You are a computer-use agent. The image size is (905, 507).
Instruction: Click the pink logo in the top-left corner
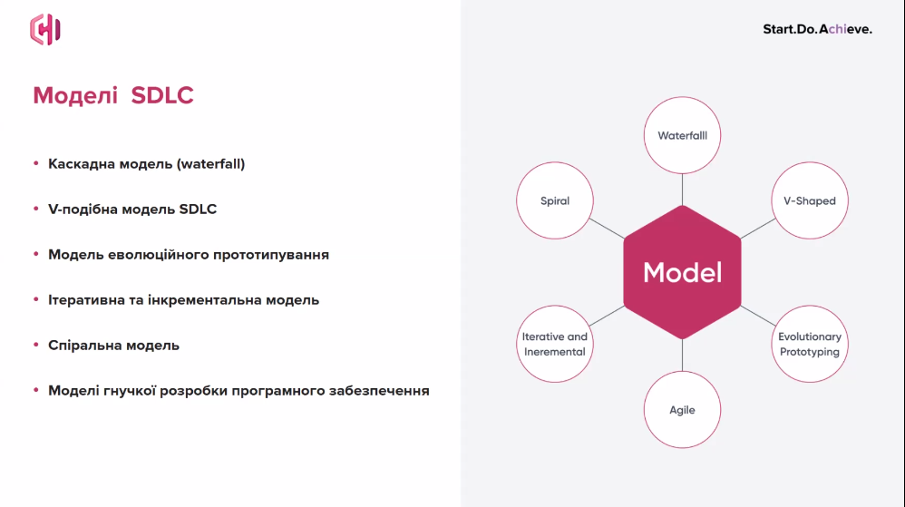45,29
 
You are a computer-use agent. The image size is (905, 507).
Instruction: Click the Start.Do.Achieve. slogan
817,29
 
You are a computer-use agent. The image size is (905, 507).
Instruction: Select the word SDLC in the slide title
162,96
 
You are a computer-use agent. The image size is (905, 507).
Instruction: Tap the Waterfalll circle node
682,135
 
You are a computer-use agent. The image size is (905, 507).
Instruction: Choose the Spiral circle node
555,200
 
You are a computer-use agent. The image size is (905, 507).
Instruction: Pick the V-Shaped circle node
810,200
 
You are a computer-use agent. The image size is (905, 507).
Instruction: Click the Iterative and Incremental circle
555,344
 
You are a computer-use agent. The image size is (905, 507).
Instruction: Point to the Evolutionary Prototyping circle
810,344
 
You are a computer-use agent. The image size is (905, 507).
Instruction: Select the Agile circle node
682,409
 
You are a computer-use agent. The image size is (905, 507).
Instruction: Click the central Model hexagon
682,272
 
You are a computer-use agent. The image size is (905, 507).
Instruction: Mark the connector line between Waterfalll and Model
682,190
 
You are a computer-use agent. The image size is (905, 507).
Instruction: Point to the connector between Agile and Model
682,356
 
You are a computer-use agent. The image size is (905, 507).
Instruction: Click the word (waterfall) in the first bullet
210,164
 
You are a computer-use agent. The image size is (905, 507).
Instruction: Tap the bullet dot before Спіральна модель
35,345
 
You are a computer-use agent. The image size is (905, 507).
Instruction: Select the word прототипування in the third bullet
271,255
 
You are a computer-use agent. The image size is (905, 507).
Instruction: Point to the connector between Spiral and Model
607,229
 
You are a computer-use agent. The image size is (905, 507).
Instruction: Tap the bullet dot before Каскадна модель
35,163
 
